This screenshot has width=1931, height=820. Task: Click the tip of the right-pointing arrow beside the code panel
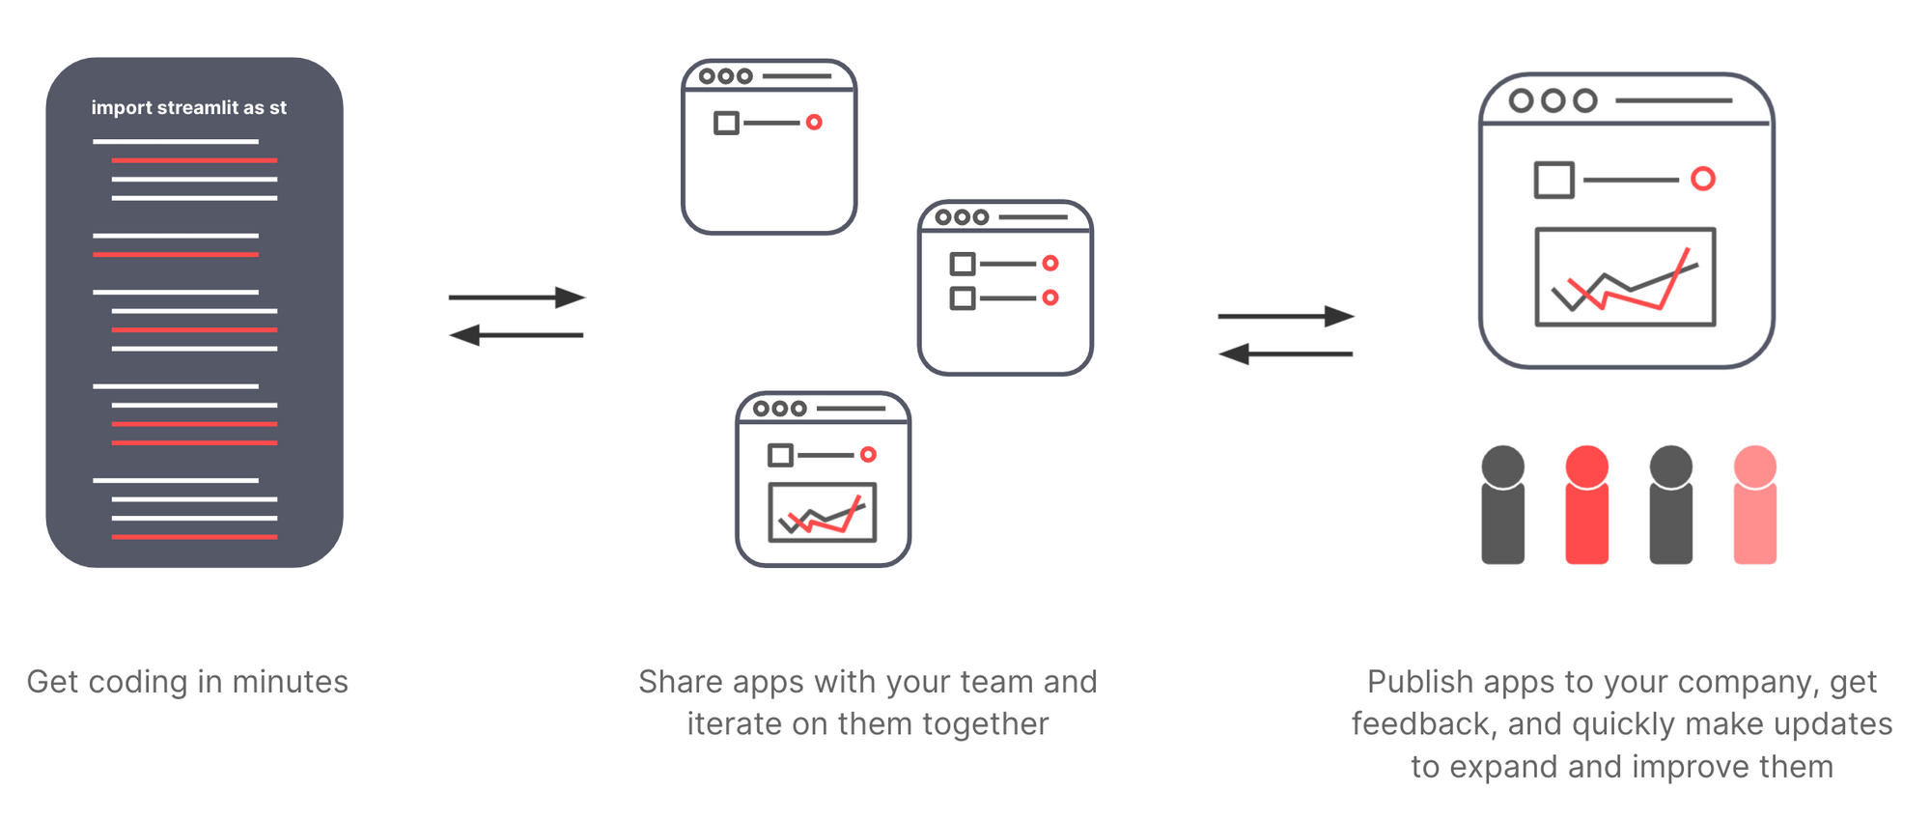click(586, 297)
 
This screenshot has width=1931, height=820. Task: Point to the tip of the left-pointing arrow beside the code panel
click(450, 335)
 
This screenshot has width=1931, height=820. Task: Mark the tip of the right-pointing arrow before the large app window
click(1355, 316)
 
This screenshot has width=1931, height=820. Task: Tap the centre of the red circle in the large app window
click(1703, 179)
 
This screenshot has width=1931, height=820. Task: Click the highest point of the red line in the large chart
click(1689, 249)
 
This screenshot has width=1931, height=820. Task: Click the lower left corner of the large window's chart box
click(1536, 325)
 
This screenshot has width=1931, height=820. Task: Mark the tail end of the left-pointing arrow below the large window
click(1353, 354)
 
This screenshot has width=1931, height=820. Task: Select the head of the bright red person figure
click(1586, 467)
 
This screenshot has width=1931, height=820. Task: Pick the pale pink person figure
click(1755, 504)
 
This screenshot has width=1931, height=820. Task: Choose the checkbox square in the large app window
click(1554, 180)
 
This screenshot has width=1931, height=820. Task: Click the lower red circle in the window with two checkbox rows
click(1050, 297)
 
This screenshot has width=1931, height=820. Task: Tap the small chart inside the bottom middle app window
click(823, 512)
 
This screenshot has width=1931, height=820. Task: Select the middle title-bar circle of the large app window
click(1553, 100)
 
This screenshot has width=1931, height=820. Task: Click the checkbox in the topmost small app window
click(727, 123)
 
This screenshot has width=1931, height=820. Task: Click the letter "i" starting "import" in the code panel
click(94, 107)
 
